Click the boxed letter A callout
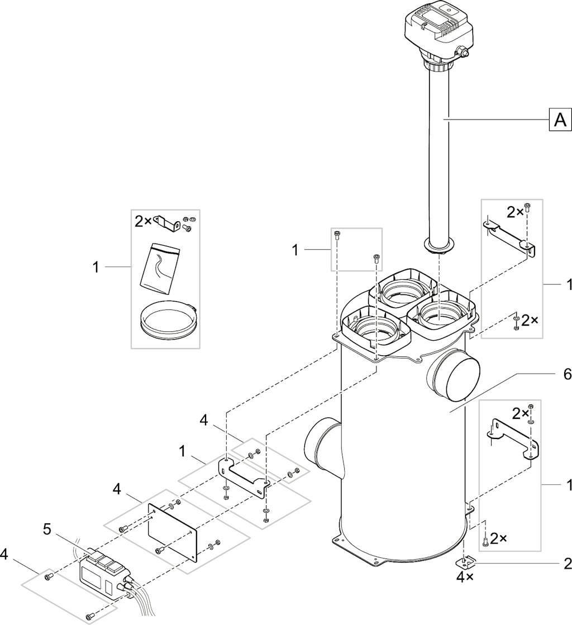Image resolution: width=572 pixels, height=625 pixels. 560,119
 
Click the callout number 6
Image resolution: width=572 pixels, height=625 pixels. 567,374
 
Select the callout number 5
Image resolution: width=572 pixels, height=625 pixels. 47,529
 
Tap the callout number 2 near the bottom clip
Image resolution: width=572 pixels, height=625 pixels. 567,563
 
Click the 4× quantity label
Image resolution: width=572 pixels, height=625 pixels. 464,578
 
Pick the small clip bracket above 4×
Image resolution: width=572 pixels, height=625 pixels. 464,562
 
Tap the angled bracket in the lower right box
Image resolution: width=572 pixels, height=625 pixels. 513,439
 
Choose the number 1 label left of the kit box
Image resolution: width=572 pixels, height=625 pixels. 96,267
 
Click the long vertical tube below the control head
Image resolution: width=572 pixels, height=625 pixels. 438,155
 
